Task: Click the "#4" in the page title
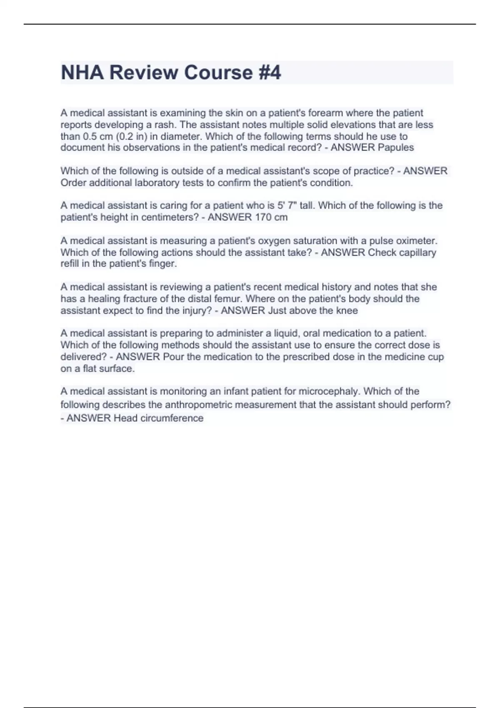[x=270, y=72]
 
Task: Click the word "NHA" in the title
[x=82, y=72]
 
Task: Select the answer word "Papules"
[x=396, y=147]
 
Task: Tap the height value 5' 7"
[x=287, y=205]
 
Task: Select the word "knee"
[x=347, y=310]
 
